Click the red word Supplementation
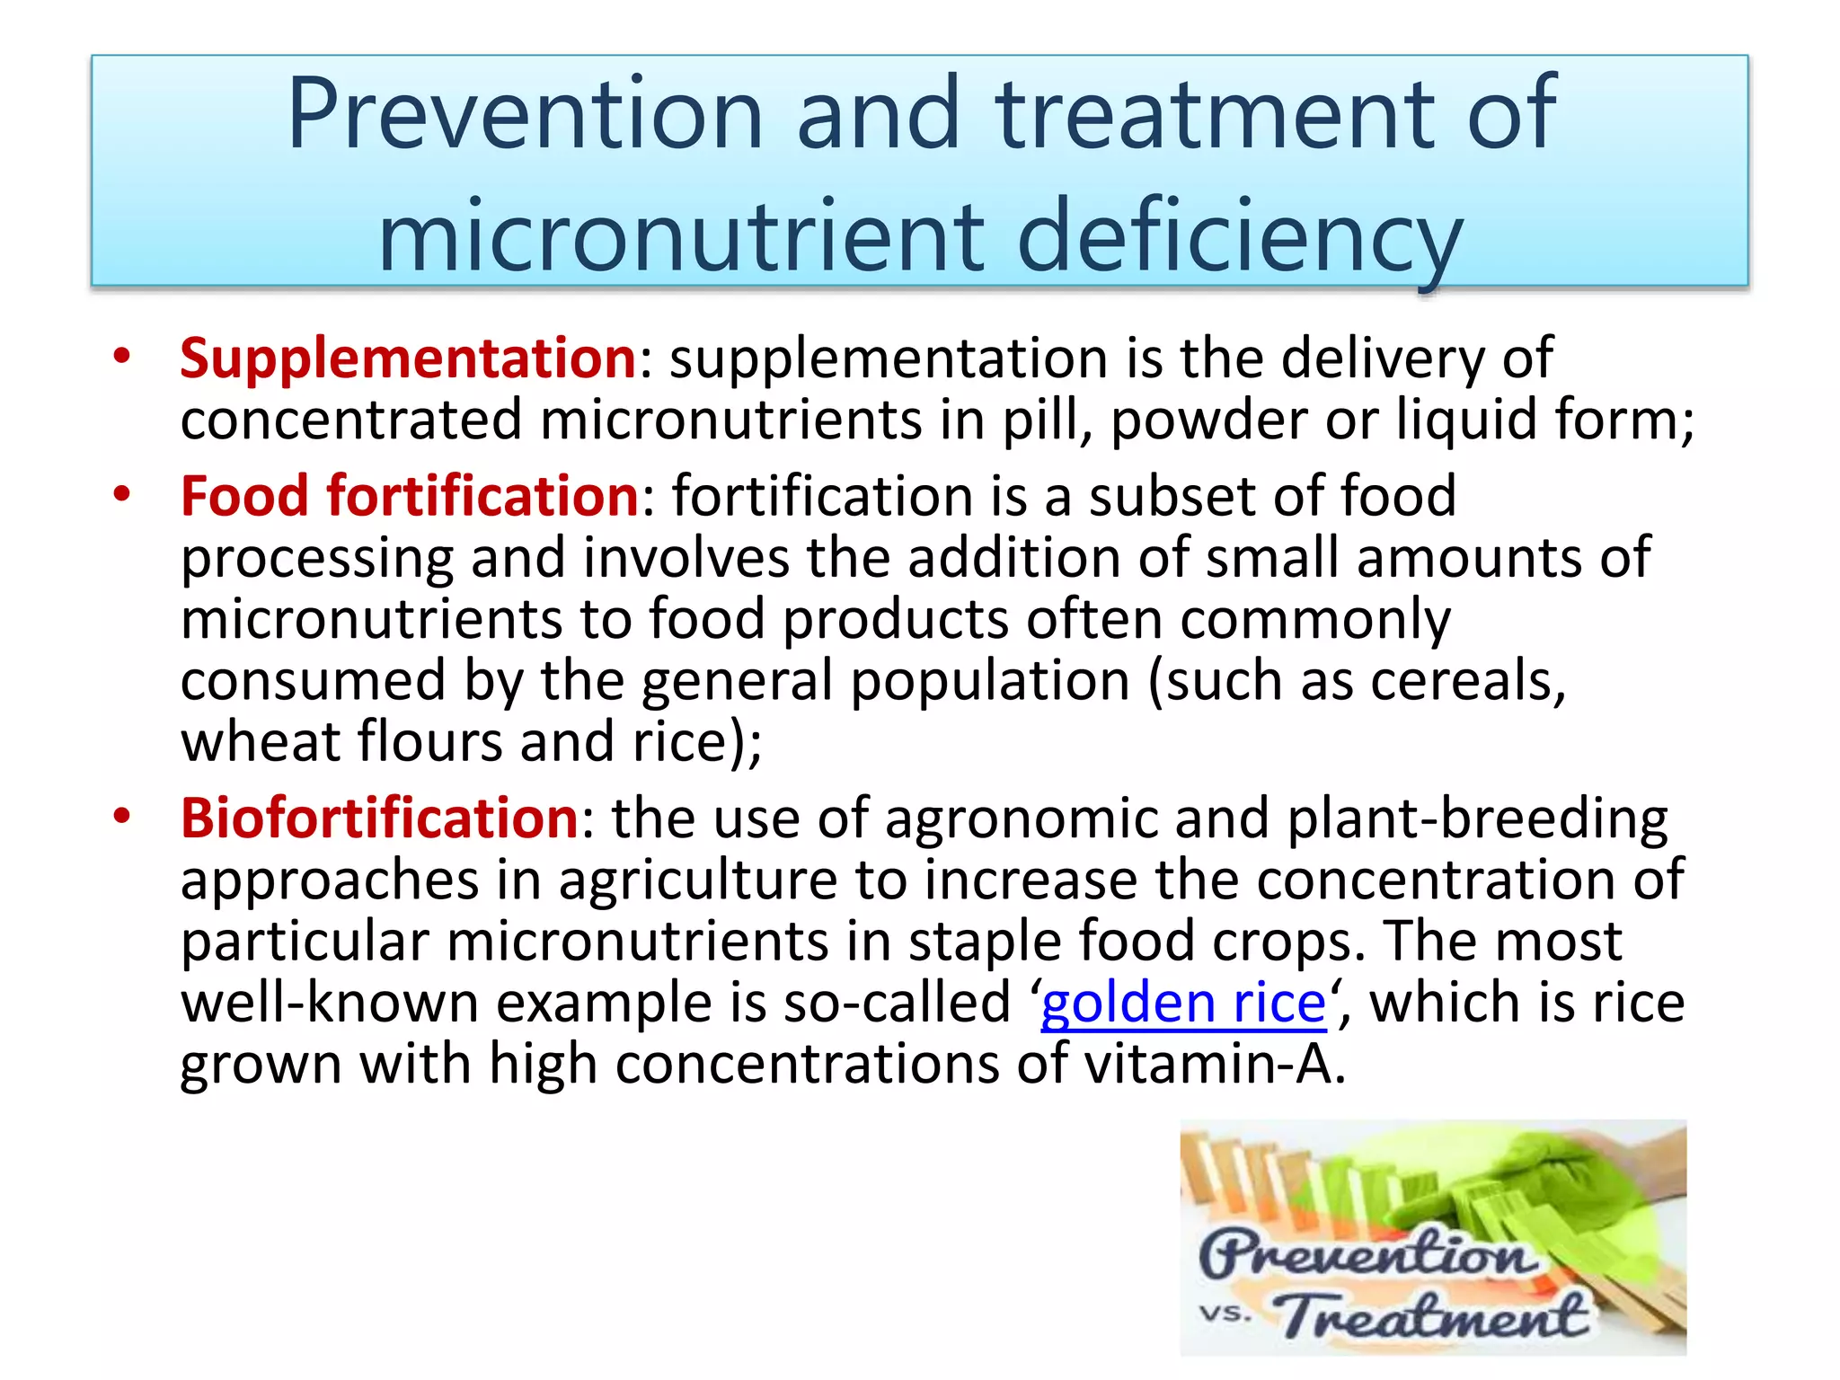tap(408, 358)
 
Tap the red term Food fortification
tap(409, 496)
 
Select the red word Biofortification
tap(379, 818)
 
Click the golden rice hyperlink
tap(1183, 1003)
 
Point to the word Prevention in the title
tap(525, 114)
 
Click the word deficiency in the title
tap(1239, 237)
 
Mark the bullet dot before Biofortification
tap(122, 815)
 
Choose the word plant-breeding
tap(1477, 819)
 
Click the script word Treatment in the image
tap(1432, 1315)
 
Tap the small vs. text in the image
tap(1225, 1314)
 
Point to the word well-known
tap(330, 1003)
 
